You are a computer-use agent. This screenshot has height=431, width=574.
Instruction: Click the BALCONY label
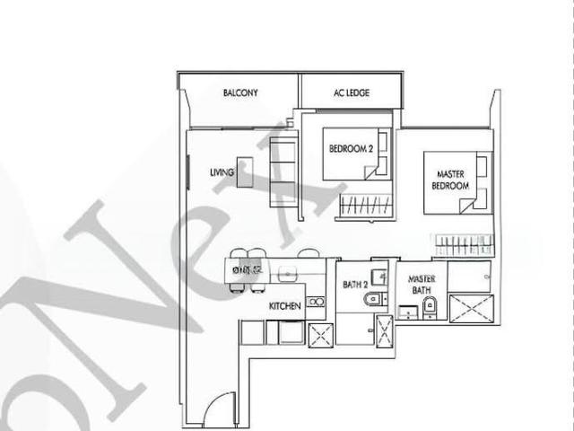pyautogui.click(x=240, y=92)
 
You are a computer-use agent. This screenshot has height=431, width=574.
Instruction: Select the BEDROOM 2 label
pyautogui.click(x=350, y=149)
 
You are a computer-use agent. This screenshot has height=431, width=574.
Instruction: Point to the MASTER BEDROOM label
pyautogui.click(x=452, y=180)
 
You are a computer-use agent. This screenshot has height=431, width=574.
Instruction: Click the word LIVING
pyautogui.click(x=222, y=172)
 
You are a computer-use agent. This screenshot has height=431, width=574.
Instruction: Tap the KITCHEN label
pyautogui.click(x=285, y=306)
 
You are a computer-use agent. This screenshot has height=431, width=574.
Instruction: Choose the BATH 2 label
pyautogui.click(x=355, y=285)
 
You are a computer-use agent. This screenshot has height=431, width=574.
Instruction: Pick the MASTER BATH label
pyautogui.click(x=422, y=285)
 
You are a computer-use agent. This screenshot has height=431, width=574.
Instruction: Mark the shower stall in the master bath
pyautogui.click(x=469, y=307)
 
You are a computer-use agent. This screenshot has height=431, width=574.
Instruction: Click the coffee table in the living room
pyautogui.click(x=245, y=172)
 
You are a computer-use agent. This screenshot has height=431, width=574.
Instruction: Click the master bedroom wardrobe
pyautogui.click(x=464, y=243)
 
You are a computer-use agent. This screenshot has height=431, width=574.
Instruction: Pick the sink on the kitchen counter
pyautogui.click(x=316, y=302)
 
